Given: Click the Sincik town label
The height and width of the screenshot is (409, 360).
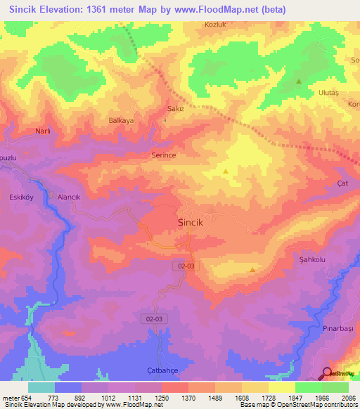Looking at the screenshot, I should (189, 222).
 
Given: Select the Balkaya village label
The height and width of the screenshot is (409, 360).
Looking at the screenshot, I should (121, 120).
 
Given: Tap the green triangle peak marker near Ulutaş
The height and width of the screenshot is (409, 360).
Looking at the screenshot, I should (299, 81).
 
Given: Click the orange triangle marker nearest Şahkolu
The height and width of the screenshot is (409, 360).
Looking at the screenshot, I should (252, 269).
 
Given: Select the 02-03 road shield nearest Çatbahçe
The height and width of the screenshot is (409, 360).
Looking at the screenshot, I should (154, 318).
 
